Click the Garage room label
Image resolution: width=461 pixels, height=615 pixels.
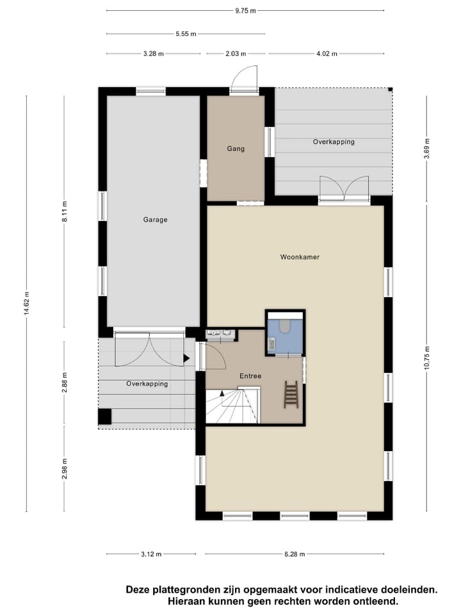(155, 220)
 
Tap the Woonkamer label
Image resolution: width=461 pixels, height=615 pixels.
(300, 257)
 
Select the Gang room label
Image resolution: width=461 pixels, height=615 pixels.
(236, 149)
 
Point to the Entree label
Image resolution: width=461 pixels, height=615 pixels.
(250, 376)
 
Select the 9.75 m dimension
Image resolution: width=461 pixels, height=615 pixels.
(245, 10)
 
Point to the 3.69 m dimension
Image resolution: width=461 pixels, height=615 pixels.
(426, 149)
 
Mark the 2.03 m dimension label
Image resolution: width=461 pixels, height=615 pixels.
(235, 54)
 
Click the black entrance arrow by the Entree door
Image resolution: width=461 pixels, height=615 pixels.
(186, 359)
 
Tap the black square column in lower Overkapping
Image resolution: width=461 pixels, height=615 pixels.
(105, 417)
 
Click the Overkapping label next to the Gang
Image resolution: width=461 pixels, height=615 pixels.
(334, 142)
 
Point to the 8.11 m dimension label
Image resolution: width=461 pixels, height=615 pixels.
(63, 211)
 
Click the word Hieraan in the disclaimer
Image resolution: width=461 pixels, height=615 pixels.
(187, 601)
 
